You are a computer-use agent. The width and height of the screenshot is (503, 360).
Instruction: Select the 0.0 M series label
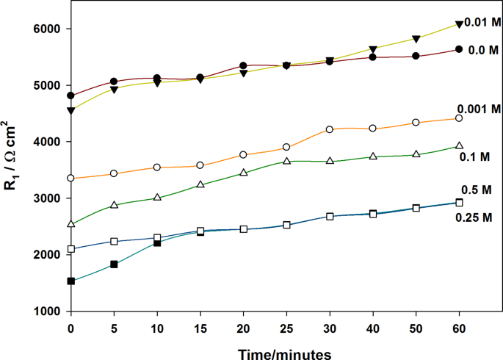click(484, 50)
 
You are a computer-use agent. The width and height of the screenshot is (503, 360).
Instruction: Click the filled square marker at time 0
click(71, 281)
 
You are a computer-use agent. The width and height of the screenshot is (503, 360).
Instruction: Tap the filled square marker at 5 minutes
click(114, 264)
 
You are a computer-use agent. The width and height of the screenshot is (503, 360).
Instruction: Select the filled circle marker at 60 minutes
click(460, 49)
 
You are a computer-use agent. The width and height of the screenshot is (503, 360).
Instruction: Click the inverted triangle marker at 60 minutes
click(460, 24)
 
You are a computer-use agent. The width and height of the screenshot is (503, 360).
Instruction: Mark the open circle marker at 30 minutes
click(330, 129)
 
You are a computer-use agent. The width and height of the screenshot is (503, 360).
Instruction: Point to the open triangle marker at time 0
click(71, 224)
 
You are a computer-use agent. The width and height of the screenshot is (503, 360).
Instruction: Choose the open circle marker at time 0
click(71, 178)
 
